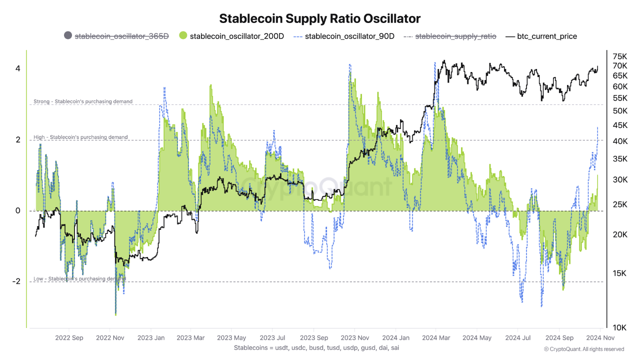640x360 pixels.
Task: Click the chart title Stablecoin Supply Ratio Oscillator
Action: [320, 18]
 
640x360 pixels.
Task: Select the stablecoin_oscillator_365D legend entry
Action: [121, 36]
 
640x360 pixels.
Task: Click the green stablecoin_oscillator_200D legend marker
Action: [183, 36]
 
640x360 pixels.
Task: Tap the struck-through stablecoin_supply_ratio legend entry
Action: [455, 36]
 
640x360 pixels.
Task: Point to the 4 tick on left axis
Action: [17, 68]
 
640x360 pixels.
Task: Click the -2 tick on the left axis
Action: [16, 281]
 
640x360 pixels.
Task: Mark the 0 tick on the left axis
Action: [17, 210]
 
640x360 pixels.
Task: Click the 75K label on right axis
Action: [620, 56]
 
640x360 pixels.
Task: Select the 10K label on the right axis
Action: [620, 327]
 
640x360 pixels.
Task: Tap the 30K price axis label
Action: [620, 179]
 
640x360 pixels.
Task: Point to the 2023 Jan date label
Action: [151, 337]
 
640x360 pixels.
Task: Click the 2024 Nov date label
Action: [597, 337]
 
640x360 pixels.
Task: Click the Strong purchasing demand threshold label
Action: [83, 101]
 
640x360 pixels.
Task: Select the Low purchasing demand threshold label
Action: [79, 278]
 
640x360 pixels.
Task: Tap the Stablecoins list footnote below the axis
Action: [316, 347]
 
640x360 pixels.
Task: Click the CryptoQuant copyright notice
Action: [583, 349]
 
